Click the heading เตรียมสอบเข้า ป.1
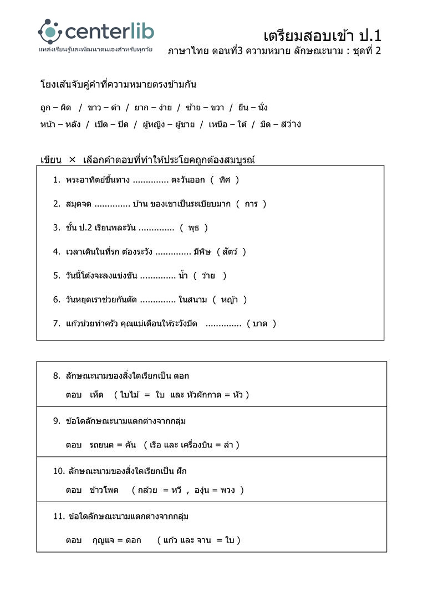pyautogui.click(x=322, y=36)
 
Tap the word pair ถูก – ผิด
pyautogui.click(x=55, y=107)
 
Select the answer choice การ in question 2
pyautogui.click(x=251, y=204)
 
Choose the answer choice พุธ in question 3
pyautogui.click(x=194, y=228)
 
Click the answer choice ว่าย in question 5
pyautogui.click(x=208, y=276)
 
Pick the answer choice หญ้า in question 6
pyautogui.click(x=230, y=300)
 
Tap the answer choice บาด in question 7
pyautogui.click(x=261, y=323)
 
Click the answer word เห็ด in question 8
pyautogui.click(x=96, y=395)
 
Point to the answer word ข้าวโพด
pyautogui.click(x=104, y=490)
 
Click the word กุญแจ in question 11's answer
pyautogui.click(x=104, y=540)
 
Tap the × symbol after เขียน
pyautogui.click(x=72, y=160)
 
